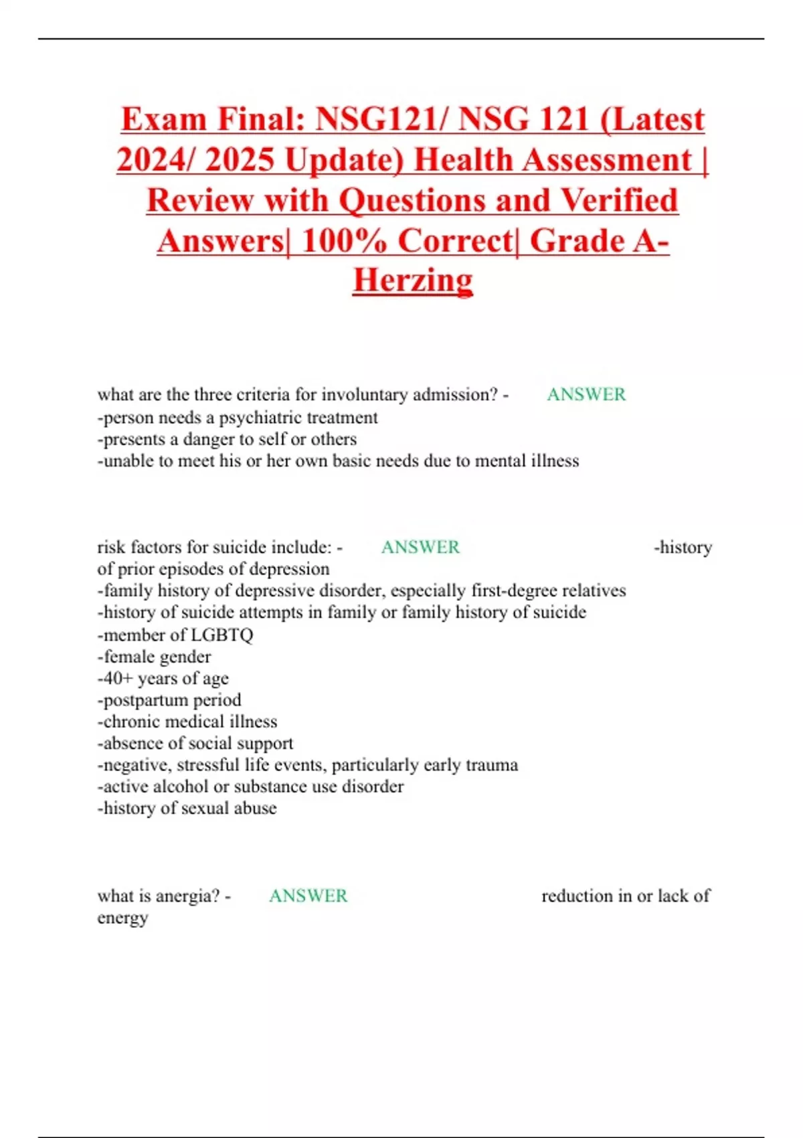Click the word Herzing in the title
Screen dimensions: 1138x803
pyautogui.click(x=413, y=280)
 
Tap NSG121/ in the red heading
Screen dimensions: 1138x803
pyautogui.click(x=380, y=120)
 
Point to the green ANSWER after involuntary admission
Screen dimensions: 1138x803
pyautogui.click(x=586, y=394)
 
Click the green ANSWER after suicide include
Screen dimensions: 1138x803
pyautogui.click(x=420, y=547)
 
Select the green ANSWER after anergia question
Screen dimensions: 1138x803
pyautogui.click(x=308, y=896)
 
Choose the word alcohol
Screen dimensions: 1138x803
pyautogui.click(x=177, y=787)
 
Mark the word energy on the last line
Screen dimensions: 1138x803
pyautogui.click(x=122, y=918)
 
